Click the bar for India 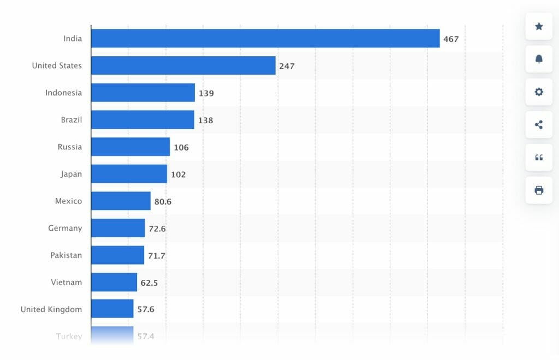tap(265, 38)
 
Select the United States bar tap(183, 65)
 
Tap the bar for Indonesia tap(143, 93)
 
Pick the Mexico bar tap(121, 201)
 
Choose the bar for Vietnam tap(114, 282)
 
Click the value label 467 tap(451, 39)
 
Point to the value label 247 tap(287, 66)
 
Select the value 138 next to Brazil tap(205, 120)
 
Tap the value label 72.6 tap(157, 229)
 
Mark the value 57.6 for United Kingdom tap(146, 309)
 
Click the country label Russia tap(70, 147)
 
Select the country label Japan tap(71, 174)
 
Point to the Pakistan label tap(66, 255)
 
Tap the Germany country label tap(65, 228)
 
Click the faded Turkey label tap(69, 336)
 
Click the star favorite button tap(539, 26)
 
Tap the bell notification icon tap(539, 59)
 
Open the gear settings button tap(539, 92)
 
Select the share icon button tap(539, 124)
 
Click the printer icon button tap(539, 190)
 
